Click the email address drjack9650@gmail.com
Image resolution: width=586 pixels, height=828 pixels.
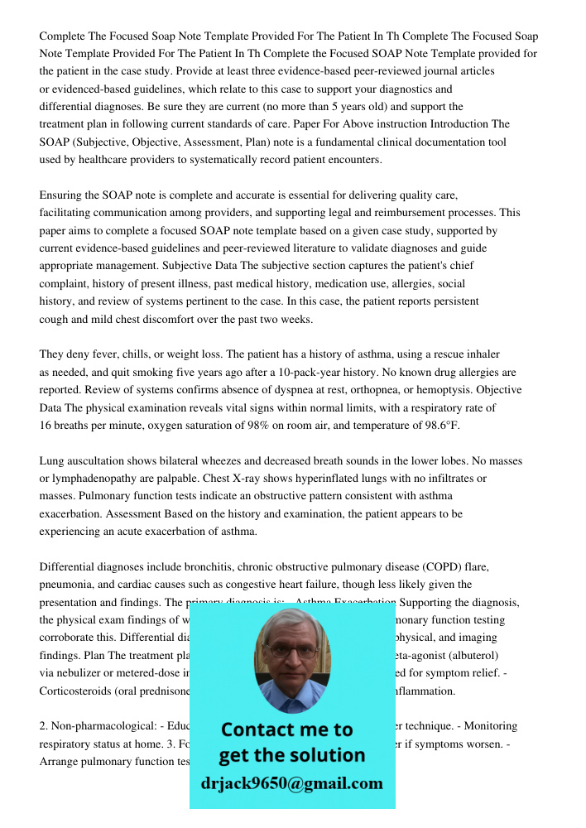point(291,783)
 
